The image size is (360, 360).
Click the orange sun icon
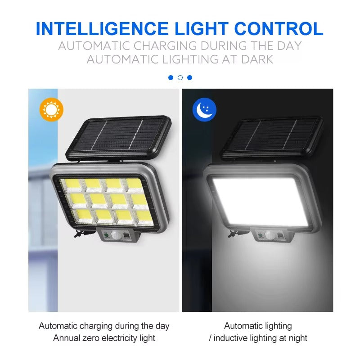click(x=51, y=109)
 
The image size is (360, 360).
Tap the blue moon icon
click(x=204, y=109)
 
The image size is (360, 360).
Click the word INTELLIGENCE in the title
click(x=102, y=29)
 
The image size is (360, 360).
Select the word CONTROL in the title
click(x=279, y=29)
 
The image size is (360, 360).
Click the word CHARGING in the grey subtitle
click(x=165, y=46)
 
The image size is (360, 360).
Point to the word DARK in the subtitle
click(x=257, y=59)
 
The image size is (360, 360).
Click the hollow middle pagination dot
click(x=180, y=77)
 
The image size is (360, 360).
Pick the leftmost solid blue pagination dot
click(x=171, y=77)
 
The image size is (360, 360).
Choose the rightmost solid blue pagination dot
click(x=189, y=77)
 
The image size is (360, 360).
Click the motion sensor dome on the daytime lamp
click(x=116, y=235)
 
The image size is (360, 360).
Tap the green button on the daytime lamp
click(x=106, y=235)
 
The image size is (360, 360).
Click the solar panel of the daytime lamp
click(x=119, y=138)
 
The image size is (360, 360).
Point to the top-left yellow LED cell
click(x=73, y=184)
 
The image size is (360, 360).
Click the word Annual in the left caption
click(x=66, y=338)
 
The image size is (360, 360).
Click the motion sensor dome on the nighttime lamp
click(x=270, y=235)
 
